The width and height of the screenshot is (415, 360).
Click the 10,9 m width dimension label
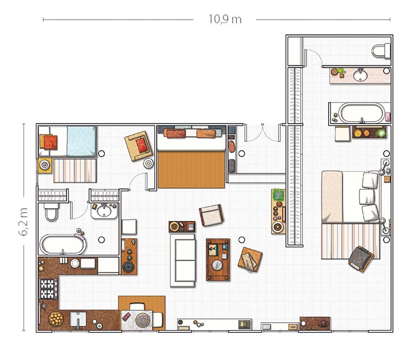225,19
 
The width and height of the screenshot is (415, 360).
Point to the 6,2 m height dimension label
23,222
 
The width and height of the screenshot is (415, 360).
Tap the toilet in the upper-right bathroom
381,50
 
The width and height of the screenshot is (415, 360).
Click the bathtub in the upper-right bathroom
362,113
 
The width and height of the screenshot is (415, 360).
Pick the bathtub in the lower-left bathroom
63,245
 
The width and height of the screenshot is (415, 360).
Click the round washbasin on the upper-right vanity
360,75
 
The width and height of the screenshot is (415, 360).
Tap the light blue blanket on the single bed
81,141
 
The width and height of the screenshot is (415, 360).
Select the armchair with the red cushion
138,146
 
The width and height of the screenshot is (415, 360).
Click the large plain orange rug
191,169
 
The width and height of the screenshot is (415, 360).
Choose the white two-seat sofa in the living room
183,260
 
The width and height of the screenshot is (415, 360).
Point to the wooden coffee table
218,260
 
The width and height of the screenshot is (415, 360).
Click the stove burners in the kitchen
48,289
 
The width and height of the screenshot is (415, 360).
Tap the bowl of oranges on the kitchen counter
56,318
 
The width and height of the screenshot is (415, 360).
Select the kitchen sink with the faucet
78,319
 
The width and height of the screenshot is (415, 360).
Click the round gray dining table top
143,320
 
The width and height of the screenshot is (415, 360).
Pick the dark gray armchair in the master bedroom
360,259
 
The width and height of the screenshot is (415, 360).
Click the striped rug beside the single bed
75,171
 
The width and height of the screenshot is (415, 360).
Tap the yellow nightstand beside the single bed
45,165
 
